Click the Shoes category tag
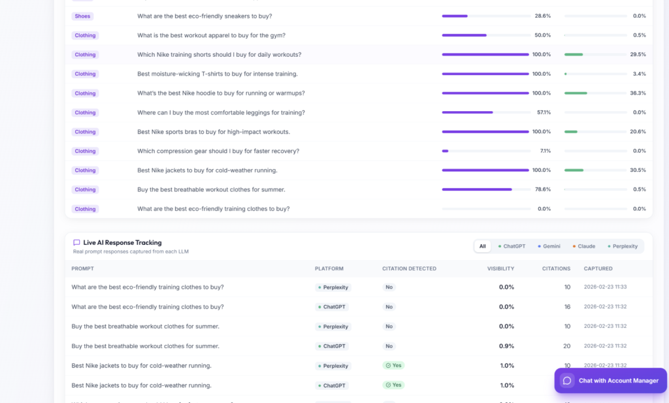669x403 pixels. point(82,16)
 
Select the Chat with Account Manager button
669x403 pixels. point(611,380)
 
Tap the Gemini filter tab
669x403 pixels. point(549,246)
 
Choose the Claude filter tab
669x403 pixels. point(583,246)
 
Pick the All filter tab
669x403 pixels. point(483,246)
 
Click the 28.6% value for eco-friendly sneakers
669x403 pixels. point(543,16)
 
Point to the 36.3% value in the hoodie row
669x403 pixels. point(638,93)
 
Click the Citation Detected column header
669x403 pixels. point(409,268)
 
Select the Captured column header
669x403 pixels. point(598,268)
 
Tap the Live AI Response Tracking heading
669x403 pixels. point(122,243)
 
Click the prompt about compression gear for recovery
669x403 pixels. point(218,151)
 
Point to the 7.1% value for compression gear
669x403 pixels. point(546,151)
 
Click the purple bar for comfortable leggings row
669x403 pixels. point(468,112)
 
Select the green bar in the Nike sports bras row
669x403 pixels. point(571,132)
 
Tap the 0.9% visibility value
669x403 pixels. point(506,346)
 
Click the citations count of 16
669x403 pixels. point(567,306)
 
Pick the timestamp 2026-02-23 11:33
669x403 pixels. point(605,287)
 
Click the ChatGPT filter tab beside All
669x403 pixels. point(512,246)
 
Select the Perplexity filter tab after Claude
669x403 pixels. point(623,246)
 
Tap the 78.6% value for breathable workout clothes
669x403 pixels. point(543,189)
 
